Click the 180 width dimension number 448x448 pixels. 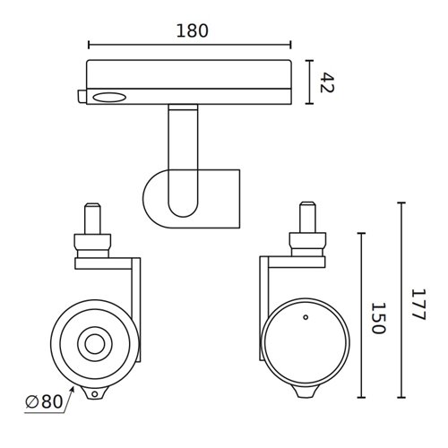click(191, 30)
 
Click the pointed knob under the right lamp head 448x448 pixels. click(302, 392)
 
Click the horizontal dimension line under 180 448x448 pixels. click(191, 44)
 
